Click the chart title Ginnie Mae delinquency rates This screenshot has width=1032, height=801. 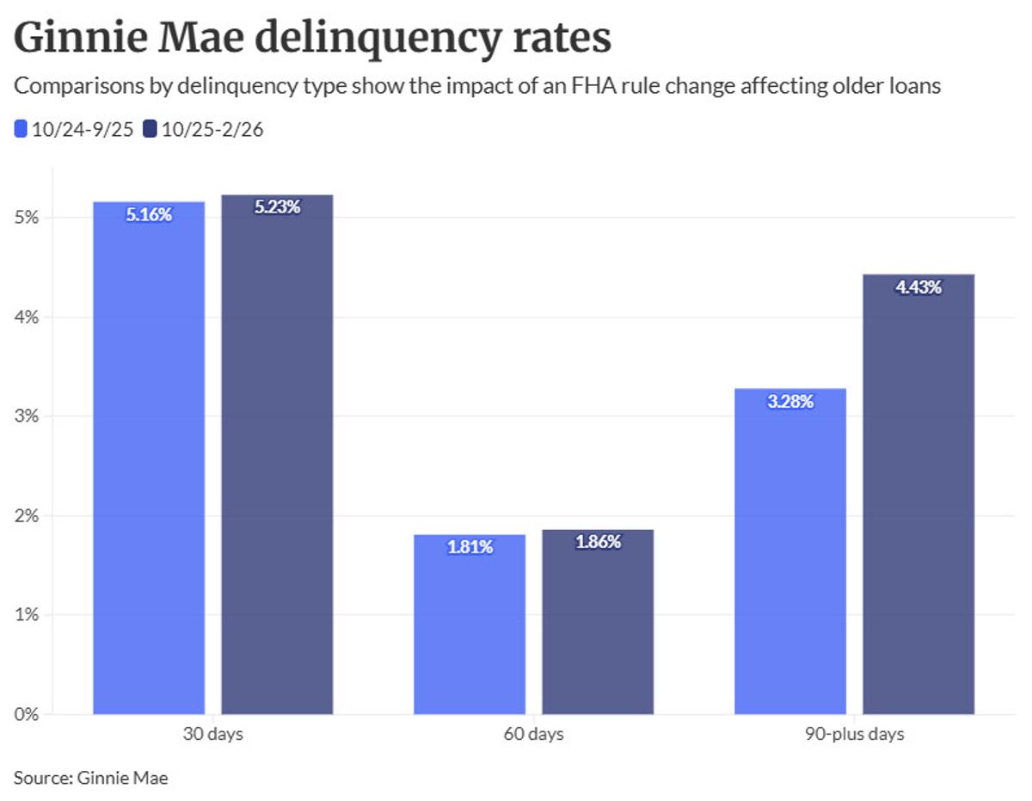313,39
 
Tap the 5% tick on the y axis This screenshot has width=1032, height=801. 28,218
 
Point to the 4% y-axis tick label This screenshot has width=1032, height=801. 28,317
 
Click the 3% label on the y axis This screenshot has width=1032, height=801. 28,416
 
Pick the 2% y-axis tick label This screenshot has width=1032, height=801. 28,516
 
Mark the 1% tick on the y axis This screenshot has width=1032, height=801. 28,615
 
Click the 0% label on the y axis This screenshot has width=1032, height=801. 28,714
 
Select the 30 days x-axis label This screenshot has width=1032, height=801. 212,735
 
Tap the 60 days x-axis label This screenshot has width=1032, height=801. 533,735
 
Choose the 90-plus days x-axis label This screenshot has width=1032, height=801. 854,735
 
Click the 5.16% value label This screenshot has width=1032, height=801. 149,215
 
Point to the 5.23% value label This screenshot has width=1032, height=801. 277,207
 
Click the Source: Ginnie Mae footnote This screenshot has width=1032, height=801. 91,779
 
